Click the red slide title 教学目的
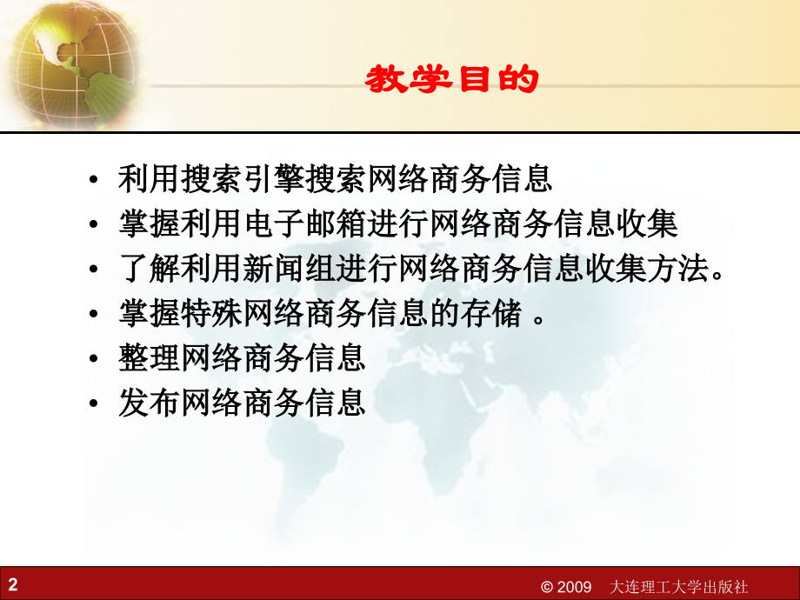[x=451, y=81]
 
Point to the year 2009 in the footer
[x=574, y=586]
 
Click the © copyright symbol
[x=547, y=586]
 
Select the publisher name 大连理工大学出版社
[x=679, y=586]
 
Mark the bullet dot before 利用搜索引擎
[x=93, y=181]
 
